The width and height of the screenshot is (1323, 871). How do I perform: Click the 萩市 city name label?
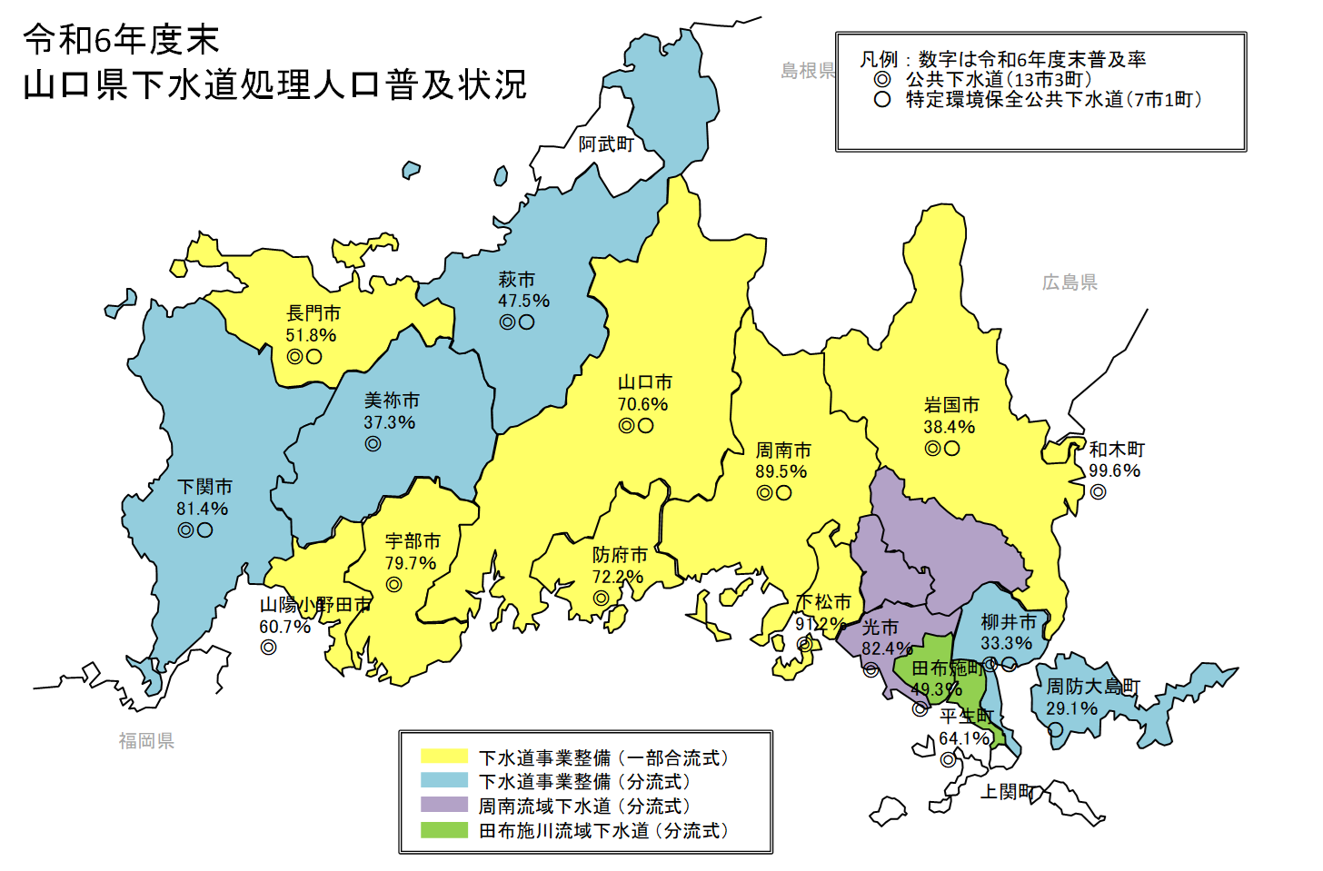click(x=516, y=280)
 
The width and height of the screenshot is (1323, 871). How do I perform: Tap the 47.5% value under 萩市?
click(x=523, y=301)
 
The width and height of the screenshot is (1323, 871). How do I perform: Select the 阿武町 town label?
click(x=606, y=144)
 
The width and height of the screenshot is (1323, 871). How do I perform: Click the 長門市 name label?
click(x=313, y=313)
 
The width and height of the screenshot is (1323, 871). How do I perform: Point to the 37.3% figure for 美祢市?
click(x=390, y=422)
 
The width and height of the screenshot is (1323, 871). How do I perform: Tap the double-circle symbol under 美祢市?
click(x=373, y=444)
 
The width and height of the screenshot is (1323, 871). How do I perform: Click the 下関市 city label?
click(x=204, y=487)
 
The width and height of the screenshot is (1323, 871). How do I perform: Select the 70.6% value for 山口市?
click(x=643, y=404)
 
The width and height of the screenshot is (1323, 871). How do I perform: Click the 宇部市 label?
click(x=413, y=541)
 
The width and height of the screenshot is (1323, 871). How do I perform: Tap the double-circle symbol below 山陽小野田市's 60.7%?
click(x=268, y=648)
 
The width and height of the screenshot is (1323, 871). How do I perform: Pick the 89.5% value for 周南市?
click(x=781, y=471)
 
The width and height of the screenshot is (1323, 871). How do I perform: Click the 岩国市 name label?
click(x=951, y=405)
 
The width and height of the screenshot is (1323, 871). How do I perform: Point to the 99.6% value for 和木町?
click(x=1115, y=470)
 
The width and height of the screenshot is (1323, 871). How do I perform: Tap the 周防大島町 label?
click(x=1093, y=687)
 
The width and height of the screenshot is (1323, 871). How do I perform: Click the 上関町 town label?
click(x=1007, y=792)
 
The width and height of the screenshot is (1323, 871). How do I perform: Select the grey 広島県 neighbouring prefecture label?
click(x=1069, y=282)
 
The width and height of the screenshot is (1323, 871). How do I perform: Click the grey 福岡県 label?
click(x=146, y=741)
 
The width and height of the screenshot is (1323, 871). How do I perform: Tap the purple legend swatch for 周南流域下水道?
click(x=444, y=806)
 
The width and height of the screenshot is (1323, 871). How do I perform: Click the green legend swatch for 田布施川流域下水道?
click(x=444, y=830)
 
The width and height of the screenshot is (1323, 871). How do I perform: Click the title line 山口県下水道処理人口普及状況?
click(x=274, y=84)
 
